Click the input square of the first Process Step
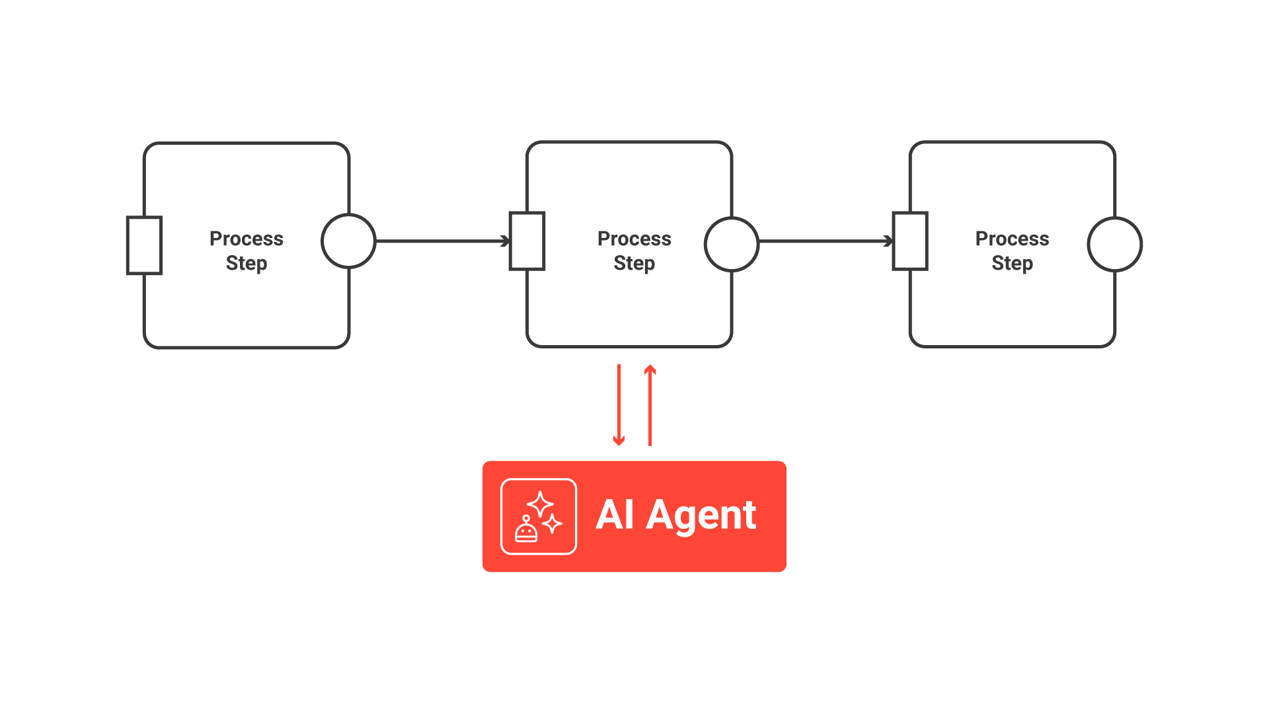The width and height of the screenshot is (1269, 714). (x=144, y=245)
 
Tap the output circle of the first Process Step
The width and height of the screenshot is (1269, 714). (x=348, y=241)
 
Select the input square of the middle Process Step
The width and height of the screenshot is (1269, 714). (x=527, y=241)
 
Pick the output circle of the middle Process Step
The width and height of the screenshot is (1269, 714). (x=731, y=244)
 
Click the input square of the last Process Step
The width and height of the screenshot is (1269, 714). (x=910, y=241)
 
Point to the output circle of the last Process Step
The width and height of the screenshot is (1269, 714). (x=1114, y=244)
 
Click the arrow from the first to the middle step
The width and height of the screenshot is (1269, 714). (x=442, y=241)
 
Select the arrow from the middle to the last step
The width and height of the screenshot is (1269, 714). (x=825, y=241)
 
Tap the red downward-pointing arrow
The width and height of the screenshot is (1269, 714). (x=619, y=405)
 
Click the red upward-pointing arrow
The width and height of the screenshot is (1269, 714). (x=650, y=405)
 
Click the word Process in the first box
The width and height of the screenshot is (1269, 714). (x=246, y=239)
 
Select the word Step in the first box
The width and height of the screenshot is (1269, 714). (x=246, y=263)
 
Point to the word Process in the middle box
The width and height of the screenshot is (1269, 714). (x=634, y=239)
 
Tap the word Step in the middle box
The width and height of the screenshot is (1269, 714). (x=634, y=263)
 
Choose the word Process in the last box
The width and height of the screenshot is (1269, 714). (x=1012, y=239)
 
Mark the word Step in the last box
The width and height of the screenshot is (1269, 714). (x=1012, y=263)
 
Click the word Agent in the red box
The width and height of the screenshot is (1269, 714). (x=701, y=516)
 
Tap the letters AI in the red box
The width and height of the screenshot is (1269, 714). (x=615, y=515)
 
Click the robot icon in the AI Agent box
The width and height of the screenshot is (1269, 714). (x=526, y=530)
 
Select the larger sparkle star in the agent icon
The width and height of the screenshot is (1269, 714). (x=541, y=504)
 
